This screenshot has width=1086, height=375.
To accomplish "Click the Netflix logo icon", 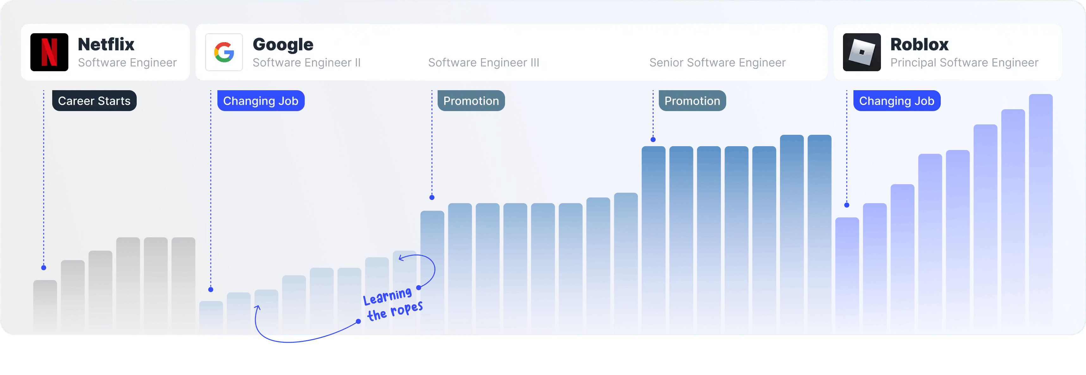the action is click(49, 52).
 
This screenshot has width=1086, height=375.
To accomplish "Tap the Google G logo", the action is click(224, 52).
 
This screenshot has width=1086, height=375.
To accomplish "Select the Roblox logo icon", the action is click(862, 52).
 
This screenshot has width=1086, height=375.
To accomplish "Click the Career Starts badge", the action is click(94, 101).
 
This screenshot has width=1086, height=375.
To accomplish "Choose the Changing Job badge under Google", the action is click(261, 101).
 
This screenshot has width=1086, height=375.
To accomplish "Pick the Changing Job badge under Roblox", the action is click(897, 101).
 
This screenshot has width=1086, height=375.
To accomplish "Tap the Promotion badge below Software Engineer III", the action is click(471, 101).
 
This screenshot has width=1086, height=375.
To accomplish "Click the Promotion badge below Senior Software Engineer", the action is click(692, 101).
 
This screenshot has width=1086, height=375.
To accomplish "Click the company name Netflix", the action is click(106, 44).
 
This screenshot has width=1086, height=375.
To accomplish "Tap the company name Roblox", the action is click(920, 44).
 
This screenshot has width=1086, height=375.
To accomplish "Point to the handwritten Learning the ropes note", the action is click(393, 304).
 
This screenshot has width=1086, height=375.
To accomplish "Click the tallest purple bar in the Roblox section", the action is click(1040, 213).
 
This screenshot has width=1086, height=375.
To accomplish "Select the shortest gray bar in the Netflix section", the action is click(45, 306).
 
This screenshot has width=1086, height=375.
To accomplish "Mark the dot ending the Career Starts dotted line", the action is click(43, 268).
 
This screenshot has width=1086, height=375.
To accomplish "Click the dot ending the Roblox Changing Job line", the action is click(846, 205).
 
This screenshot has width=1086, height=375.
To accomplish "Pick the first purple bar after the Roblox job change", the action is click(847, 275).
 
